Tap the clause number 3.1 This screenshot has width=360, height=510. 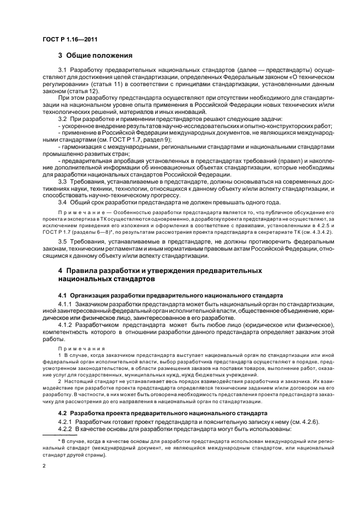pos(63,71)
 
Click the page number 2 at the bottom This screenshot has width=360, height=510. pos(45,466)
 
